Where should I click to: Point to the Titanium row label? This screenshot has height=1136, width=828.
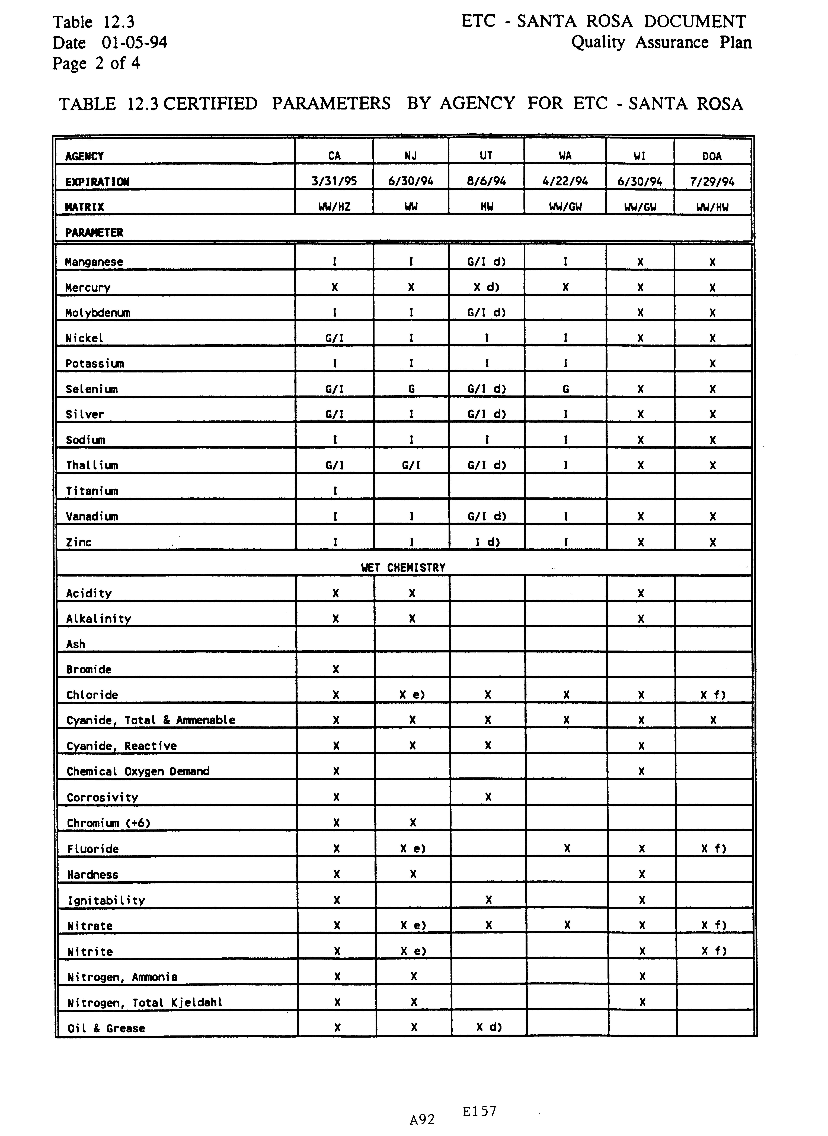tap(92, 491)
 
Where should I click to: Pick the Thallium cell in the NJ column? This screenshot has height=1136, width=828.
tap(411, 465)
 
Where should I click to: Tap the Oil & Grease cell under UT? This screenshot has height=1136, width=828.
tap(489, 1027)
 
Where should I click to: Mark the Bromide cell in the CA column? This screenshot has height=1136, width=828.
tap(336, 669)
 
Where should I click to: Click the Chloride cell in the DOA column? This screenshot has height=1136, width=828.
tap(713, 695)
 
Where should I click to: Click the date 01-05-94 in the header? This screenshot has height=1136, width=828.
tap(134, 43)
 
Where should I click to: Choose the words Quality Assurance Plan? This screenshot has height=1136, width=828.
tap(662, 43)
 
